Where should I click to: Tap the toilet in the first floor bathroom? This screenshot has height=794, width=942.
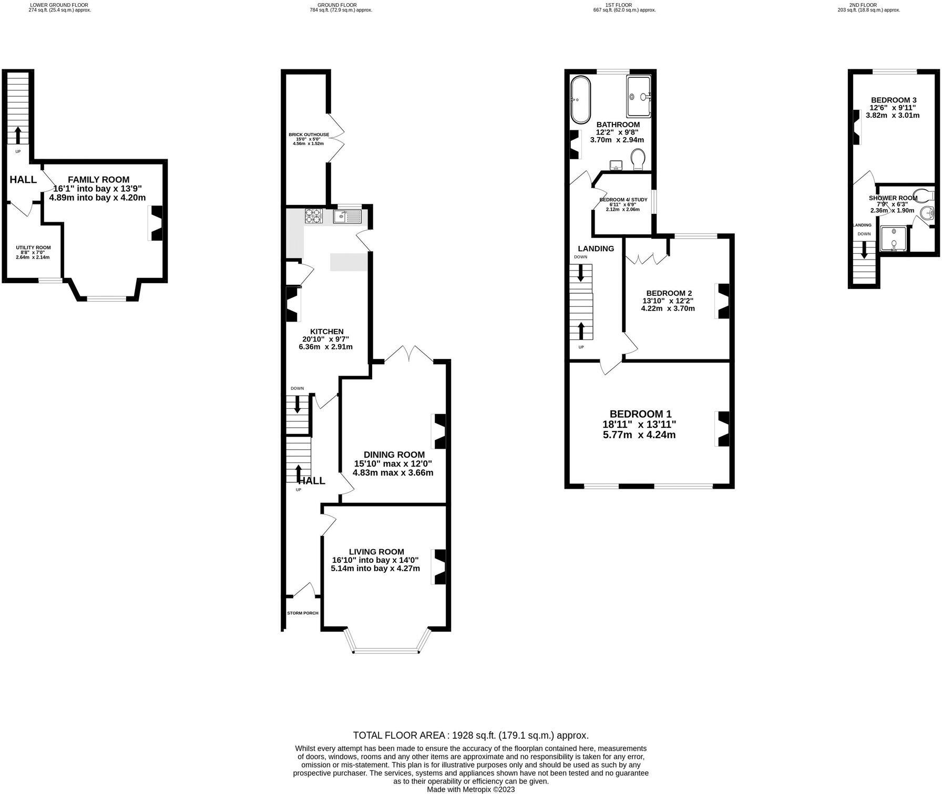(638, 160)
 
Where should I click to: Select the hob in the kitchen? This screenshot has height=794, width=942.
(314, 216)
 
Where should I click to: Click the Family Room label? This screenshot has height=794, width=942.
(98, 179)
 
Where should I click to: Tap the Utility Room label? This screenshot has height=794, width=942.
(33, 247)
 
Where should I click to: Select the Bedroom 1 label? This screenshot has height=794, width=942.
(640, 414)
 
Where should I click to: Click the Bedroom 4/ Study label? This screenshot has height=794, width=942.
(623, 200)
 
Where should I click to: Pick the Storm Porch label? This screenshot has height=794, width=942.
(303, 613)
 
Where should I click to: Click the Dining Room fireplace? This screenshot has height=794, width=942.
(438, 431)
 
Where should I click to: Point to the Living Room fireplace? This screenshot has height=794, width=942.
(438, 566)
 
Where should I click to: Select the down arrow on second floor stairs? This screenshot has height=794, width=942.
(863, 250)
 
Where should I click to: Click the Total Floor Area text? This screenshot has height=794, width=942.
(470, 735)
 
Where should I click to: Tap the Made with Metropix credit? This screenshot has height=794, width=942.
(470, 789)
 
